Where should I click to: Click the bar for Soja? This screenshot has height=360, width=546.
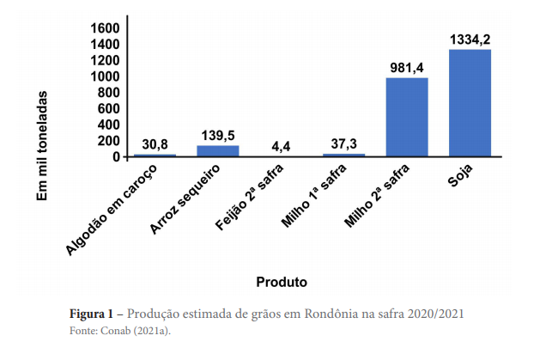coord(470,103)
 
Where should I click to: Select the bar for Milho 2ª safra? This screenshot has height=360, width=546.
coord(406,118)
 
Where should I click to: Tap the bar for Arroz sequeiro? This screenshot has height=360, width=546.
coord(218,151)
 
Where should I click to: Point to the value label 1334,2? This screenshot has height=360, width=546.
coord(470,40)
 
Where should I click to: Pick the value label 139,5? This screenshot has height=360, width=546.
coord(218,135)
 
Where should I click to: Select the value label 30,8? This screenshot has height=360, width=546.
coord(155,143)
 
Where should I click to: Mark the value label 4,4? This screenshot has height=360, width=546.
coord(281,145)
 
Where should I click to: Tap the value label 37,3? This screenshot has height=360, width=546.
coord(343,143)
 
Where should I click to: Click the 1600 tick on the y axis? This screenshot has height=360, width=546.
coord(105,27)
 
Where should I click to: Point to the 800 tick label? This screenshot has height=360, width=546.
coord(108,92)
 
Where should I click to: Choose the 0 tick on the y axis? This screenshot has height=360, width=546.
coord(114,157)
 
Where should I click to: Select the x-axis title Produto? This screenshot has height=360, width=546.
coord(282,281)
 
